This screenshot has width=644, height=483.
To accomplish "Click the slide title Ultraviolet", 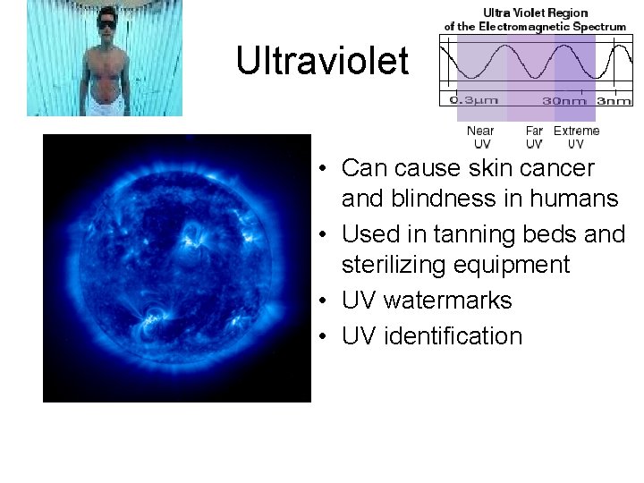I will point(322,61).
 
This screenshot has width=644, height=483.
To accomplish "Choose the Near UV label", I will point(480,137).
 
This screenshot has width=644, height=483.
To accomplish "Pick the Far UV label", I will point(534,137).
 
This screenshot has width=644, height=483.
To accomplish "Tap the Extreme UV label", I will point(576,137).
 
